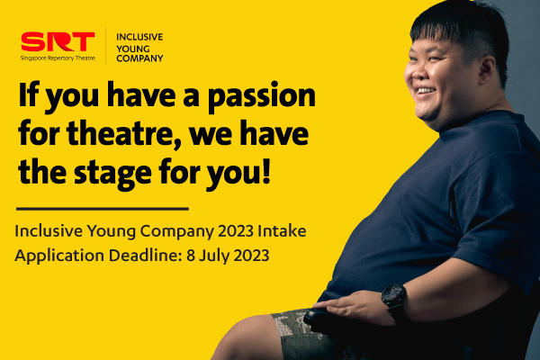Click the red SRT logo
click(x=58, y=41)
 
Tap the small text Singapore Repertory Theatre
click(x=58, y=58)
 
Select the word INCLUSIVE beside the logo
click(x=139, y=37)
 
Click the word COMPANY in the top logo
click(x=139, y=58)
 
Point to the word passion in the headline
click(x=262, y=97)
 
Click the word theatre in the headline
click(x=124, y=134)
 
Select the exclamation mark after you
click(x=266, y=170)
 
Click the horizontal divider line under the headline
click(x=103, y=209)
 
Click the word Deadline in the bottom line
click(x=146, y=256)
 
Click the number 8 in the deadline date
click(x=191, y=256)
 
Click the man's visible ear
click(x=488, y=70)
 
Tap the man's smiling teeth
click(x=427, y=91)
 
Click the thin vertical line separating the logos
click(x=105, y=45)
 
